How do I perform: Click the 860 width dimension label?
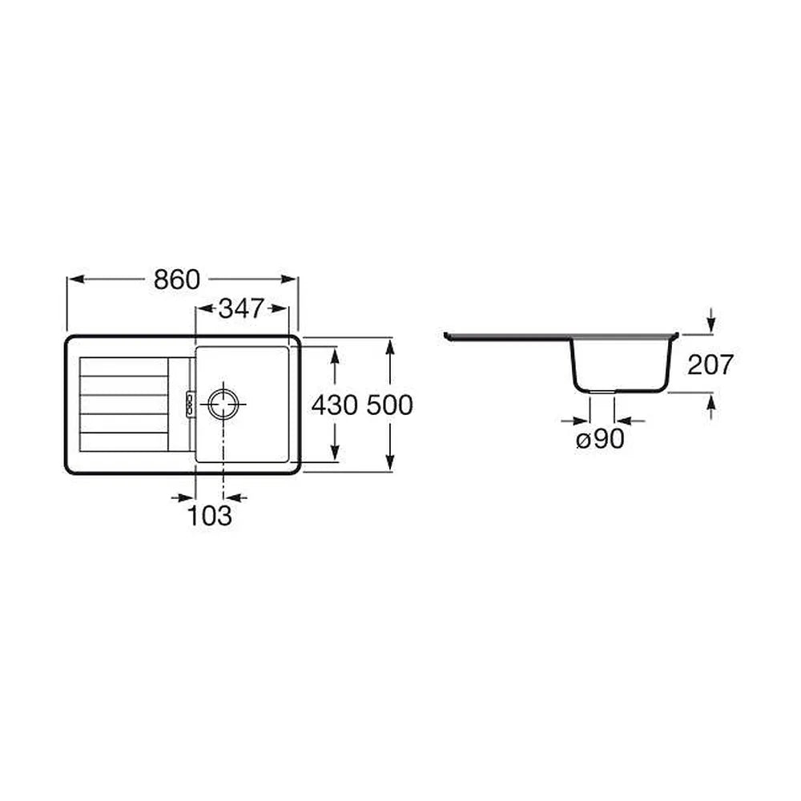click(177, 280)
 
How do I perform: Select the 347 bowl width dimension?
click(240, 308)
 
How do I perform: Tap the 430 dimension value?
click(334, 405)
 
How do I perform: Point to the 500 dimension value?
click(390, 405)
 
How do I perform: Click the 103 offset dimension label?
click(210, 515)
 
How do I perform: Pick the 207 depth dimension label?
click(710, 364)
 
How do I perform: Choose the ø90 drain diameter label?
click(600, 439)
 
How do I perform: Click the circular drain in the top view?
click(223, 404)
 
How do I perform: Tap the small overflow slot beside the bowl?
click(190, 404)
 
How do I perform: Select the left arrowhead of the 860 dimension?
click(75, 279)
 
